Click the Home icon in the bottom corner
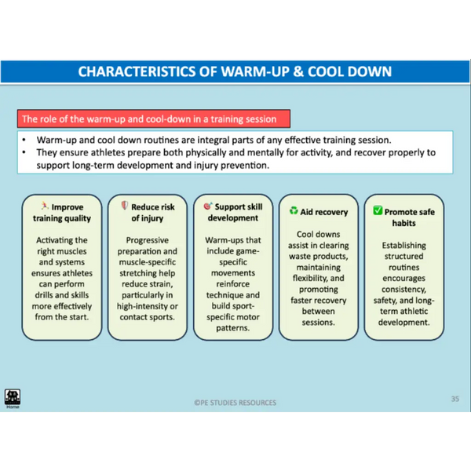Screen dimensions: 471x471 click(13, 397)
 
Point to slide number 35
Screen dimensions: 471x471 click(455, 399)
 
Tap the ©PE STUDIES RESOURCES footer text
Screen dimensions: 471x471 click(235, 403)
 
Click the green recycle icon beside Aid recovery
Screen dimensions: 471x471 click(294, 210)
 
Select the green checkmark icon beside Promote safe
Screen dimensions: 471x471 click(378, 210)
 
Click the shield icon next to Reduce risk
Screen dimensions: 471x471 click(124, 206)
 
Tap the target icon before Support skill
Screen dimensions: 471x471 click(208, 206)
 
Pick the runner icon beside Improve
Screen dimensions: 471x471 click(45, 206)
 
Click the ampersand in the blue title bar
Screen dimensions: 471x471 click(298, 71)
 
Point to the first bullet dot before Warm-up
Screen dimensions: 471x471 click(24, 140)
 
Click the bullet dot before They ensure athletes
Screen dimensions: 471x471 click(24, 152)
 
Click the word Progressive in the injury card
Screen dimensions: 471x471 click(148, 240)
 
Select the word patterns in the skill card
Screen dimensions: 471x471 click(233, 328)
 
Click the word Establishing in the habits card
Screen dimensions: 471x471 click(404, 246)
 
